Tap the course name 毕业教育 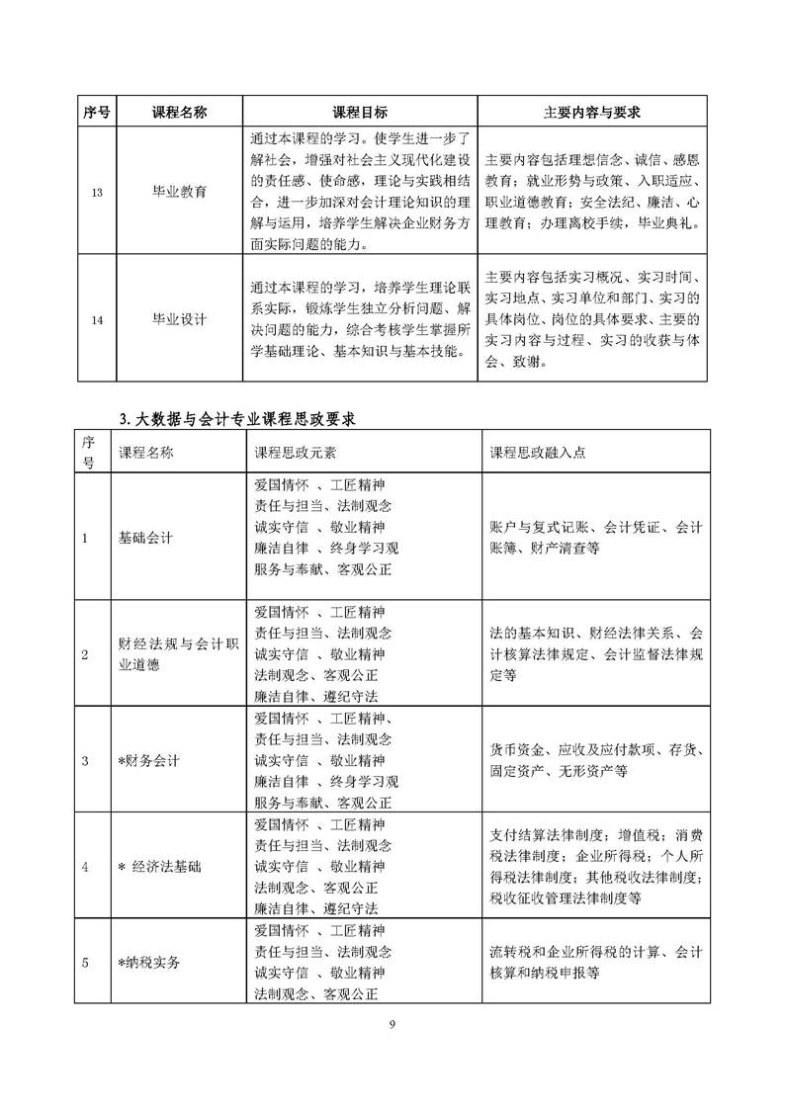pos(179,193)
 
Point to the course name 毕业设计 pos(179,318)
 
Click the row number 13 pos(96,193)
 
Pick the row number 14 pos(96,318)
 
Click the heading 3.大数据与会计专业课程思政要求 pos(236,419)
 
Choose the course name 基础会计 pos(145,538)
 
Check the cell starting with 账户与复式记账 pos(596,538)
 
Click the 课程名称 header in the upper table pos(179,112)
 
